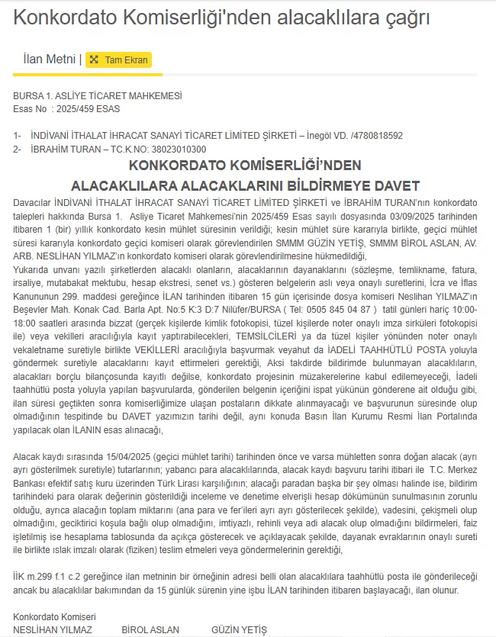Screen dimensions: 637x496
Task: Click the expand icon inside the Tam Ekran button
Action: tap(94, 60)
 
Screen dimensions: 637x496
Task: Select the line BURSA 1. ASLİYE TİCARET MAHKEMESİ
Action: tap(98, 96)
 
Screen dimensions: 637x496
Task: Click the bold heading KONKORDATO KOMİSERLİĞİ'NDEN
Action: tap(245, 166)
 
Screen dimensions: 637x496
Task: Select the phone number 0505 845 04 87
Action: tap(339, 310)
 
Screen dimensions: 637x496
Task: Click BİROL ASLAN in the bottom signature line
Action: tap(150, 630)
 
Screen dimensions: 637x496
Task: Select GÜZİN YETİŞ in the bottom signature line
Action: tap(239, 630)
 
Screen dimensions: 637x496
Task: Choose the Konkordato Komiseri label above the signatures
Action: tap(54, 617)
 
